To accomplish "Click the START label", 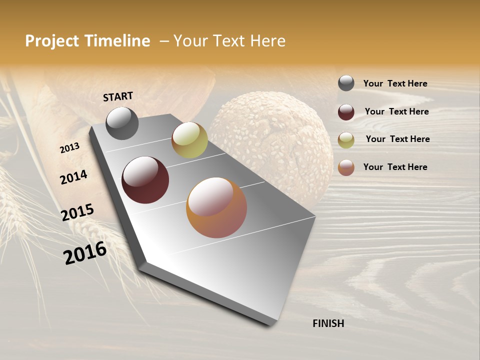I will click(118, 96).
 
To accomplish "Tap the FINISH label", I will click(328, 323).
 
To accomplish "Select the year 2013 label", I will click(69, 147).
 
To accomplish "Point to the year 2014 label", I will click(73, 177).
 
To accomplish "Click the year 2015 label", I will click(77, 212).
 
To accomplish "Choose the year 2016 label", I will click(85, 252).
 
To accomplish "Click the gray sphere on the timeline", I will click(122, 123).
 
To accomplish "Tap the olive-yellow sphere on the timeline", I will click(189, 140).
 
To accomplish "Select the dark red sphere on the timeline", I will click(145, 180).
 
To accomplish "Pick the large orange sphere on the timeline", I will click(216, 207).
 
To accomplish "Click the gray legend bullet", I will click(346, 83).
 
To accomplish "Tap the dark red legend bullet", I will click(346, 112).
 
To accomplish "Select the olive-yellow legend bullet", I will click(346, 140).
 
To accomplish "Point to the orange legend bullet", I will click(346, 167).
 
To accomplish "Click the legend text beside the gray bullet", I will click(395, 84).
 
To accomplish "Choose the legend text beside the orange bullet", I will click(395, 167).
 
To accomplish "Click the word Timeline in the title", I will click(117, 41).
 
